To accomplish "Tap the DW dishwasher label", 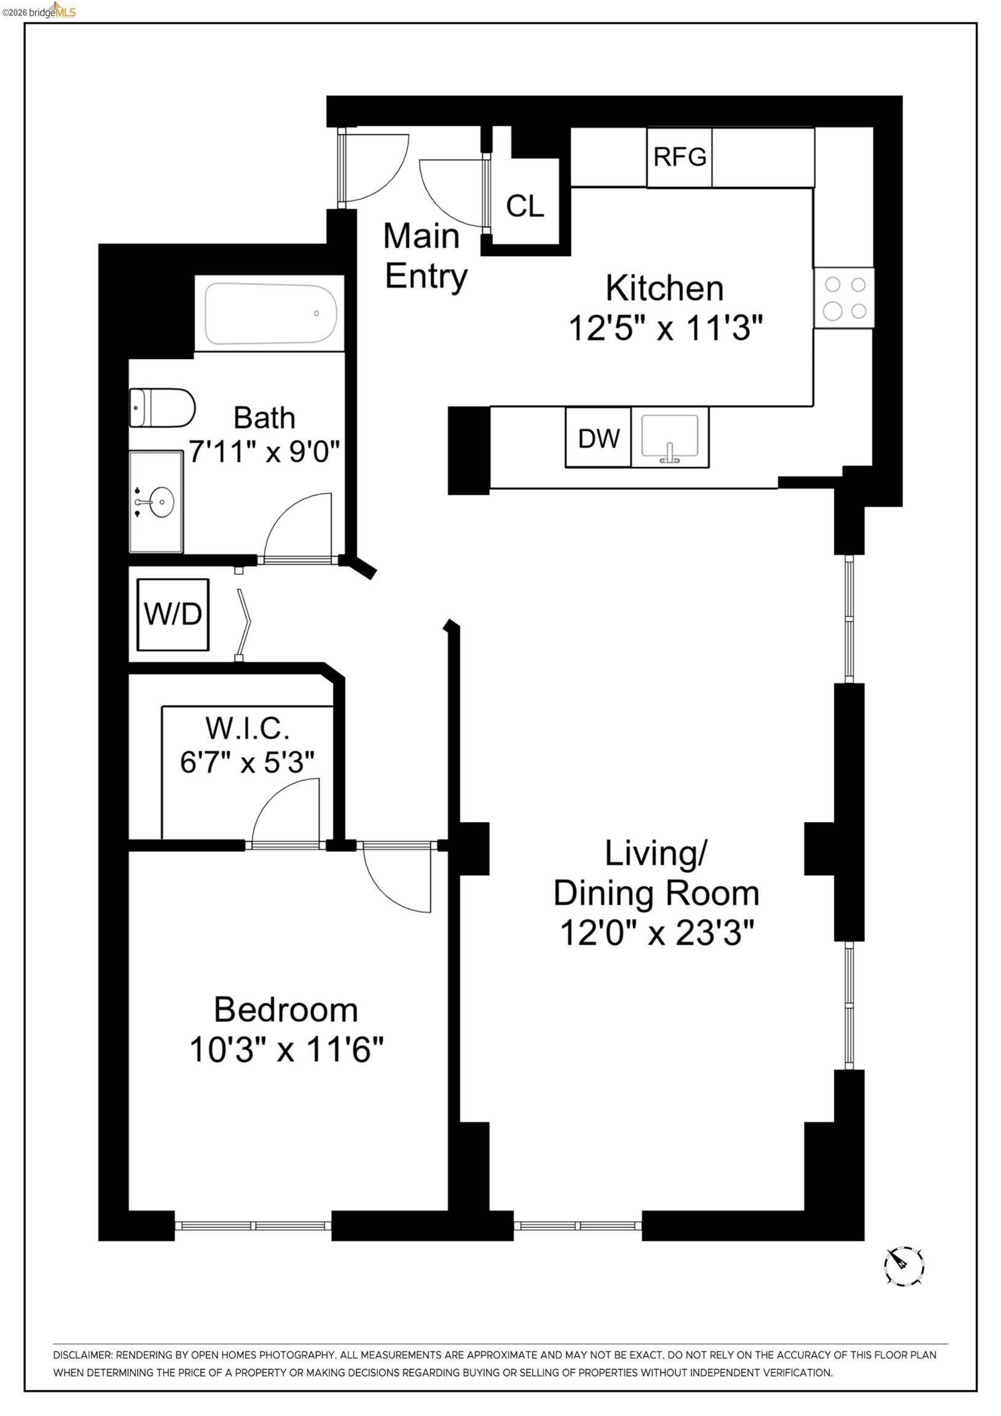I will click(599, 438).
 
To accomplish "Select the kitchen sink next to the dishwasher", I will click(670, 436).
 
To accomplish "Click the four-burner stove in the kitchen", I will click(844, 298).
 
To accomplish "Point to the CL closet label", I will click(525, 206).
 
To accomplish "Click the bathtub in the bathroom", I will click(270, 313).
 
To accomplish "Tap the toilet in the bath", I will click(162, 407).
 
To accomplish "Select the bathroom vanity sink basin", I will click(161, 502).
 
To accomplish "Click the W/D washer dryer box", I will click(173, 614).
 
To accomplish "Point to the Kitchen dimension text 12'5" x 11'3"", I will click(665, 328).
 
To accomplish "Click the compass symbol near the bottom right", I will click(903, 1266).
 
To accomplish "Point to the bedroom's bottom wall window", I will click(253, 1226).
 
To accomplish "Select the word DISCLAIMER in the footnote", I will click(82, 1355).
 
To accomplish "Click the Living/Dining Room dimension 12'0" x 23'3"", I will click(656, 932).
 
